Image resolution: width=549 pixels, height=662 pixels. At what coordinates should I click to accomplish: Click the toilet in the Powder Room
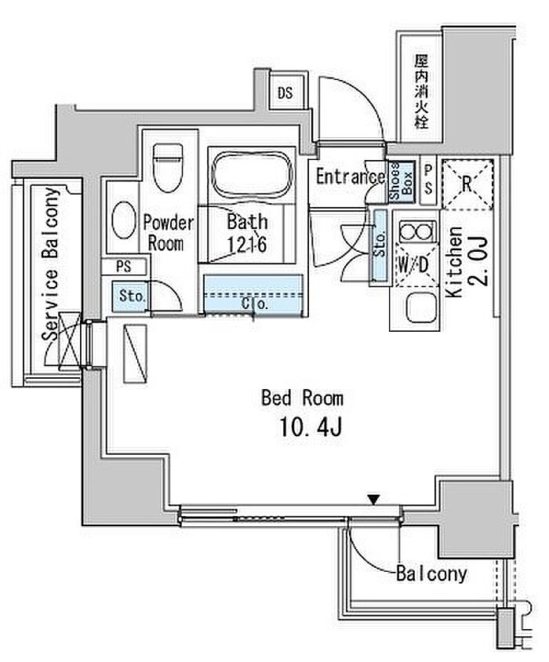pyautogui.click(x=168, y=167)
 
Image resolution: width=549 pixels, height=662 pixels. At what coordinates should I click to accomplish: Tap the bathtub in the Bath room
pyautogui.click(x=252, y=174)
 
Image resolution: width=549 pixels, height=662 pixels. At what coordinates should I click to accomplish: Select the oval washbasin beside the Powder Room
pyautogui.click(x=124, y=220)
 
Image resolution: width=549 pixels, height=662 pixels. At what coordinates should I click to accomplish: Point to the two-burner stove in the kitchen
pyautogui.click(x=416, y=231)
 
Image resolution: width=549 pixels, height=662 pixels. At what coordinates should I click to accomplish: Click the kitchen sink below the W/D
pyautogui.click(x=420, y=307)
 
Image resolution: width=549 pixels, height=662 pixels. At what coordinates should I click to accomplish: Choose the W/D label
pyautogui.click(x=414, y=264)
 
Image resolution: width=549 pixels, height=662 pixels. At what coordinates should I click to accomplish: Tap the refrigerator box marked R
pyautogui.click(x=467, y=184)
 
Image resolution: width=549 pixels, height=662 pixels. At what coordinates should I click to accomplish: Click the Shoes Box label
pyautogui.click(x=401, y=181)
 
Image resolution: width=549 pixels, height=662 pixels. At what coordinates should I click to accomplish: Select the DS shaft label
pyautogui.click(x=285, y=93)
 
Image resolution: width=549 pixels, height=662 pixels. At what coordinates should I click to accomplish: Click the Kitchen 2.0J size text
pyautogui.click(x=481, y=261)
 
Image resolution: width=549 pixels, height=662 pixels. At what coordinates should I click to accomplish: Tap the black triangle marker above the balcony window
pyautogui.click(x=373, y=500)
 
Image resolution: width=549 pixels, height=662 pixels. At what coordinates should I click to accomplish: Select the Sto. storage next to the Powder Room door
pyautogui.click(x=132, y=296)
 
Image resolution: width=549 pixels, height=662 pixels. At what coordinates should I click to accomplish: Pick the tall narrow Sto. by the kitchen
pyautogui.click(x=380, y=245)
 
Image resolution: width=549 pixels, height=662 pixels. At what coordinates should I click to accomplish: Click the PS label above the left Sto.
pyautogui.click(x=124, y=267)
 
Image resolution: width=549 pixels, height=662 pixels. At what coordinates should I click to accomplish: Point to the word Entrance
pyautogui.click(x=351, y=176)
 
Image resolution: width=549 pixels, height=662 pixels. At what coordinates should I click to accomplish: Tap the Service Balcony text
pyautogui.click(x=51, y=264)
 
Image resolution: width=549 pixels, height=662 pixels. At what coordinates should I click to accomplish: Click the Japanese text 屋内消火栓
pyautogui.click(x=421, y=92)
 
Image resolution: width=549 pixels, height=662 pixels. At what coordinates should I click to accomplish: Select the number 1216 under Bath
pyautogui.click(x=247, y=245)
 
